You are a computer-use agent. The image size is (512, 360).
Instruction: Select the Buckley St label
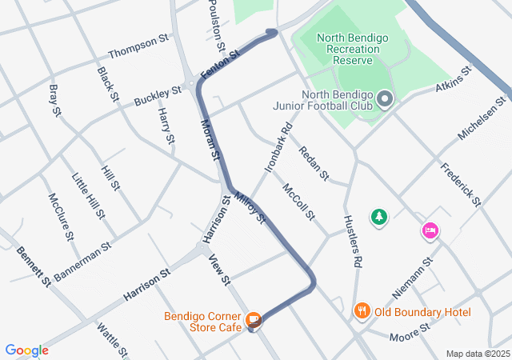tap(158, 99)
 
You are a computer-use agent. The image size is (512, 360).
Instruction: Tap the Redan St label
tap(314, 163)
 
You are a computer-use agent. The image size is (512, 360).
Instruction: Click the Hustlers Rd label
tap(353, 240)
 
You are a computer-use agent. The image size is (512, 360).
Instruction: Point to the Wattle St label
tap(112, 339)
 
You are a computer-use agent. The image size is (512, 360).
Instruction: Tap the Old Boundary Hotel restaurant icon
tap(362, 311)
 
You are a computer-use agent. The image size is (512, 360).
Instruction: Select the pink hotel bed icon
tap(430, 231)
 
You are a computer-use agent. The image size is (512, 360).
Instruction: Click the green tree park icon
tap(378, 216)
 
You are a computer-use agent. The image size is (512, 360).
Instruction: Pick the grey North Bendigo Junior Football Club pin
tap(385, 99)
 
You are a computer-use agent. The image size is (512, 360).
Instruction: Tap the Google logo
tap(27, 350)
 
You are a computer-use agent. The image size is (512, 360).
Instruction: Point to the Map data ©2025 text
tap(477, 354)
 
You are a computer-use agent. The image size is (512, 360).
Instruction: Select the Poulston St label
tap(217, 24)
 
